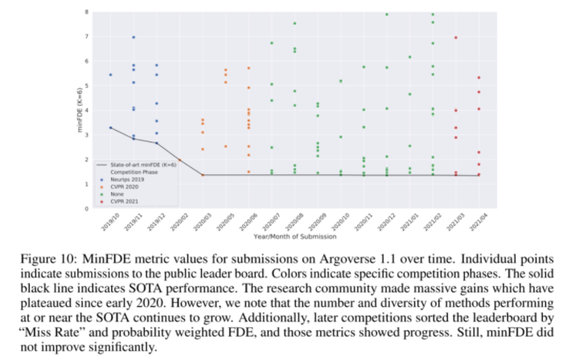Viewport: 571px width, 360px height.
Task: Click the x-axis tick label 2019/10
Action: (107, 222)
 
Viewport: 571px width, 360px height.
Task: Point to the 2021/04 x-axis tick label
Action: (479, 222)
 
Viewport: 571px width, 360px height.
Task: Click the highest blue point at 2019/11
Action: (134, 37)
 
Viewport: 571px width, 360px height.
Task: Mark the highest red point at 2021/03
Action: (457, 37)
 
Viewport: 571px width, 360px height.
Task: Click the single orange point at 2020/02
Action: (179, 160)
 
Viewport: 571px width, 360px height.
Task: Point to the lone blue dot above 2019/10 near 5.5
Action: (110, 75)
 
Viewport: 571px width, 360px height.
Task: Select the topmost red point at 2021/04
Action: (479, 78)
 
